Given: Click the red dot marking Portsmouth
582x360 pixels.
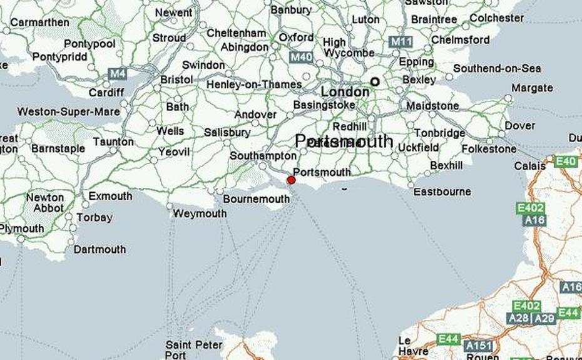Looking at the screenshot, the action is pyautogui.click(x=291, y=180).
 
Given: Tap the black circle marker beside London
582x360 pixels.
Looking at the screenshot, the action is pyautogui.click(x=375, y=81).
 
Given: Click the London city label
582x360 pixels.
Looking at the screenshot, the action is pyautogui.click(x=345, y=91).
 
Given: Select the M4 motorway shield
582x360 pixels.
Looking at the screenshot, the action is pyautogui.click(x=117, y=74).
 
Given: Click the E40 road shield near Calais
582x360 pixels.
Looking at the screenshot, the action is pyautogui.click(x=566, y=162).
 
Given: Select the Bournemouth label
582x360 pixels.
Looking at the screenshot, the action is pyautogui.click(x=257, y=200).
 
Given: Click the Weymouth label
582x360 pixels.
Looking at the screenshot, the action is pyautogui.click(x=200, y=213).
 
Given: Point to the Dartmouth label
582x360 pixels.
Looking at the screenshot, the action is pyautogui.click(x=100, y=249).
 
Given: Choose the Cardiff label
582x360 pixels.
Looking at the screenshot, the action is pyautogui.click(x=106, y=93).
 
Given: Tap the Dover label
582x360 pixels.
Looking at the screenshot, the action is pyautogui.click(x=520, y=126).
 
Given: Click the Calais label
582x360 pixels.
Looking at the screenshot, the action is pyautogui.click(x=529, y=166).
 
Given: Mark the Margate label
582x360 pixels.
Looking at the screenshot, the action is pyautogui.click(x=531, y=88).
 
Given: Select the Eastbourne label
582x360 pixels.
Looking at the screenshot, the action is pyautogui.click(x=442, y=192).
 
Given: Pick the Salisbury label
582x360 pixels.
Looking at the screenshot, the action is pyautogui.click(x=227, y=133).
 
